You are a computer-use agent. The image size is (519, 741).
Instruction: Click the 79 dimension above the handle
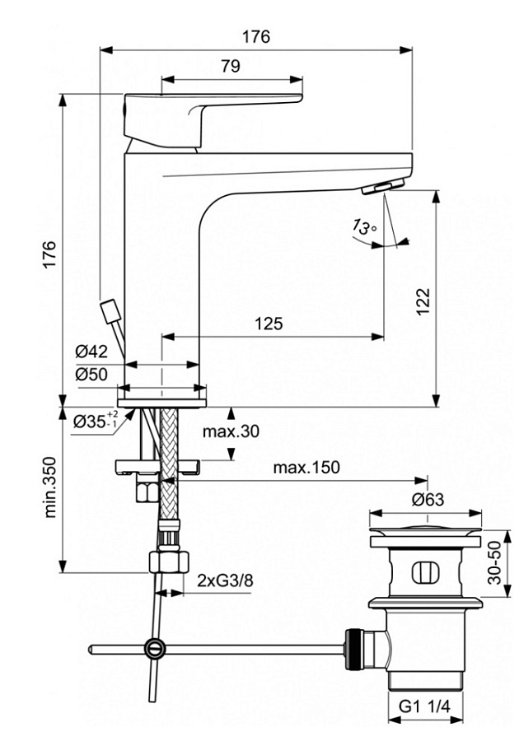231,67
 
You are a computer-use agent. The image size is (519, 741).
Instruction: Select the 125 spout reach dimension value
268,324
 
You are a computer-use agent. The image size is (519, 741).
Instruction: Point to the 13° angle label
363,227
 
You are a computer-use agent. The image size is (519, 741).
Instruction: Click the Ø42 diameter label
93,352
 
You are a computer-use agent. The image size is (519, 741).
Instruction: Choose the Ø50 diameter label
93,374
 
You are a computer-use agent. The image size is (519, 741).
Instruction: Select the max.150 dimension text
306,468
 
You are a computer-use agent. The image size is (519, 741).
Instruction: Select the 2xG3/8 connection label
225,580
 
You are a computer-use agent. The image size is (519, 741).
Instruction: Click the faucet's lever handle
206,111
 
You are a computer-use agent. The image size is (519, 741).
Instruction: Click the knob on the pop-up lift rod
109,315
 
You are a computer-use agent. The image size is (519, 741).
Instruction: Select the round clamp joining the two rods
152,648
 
